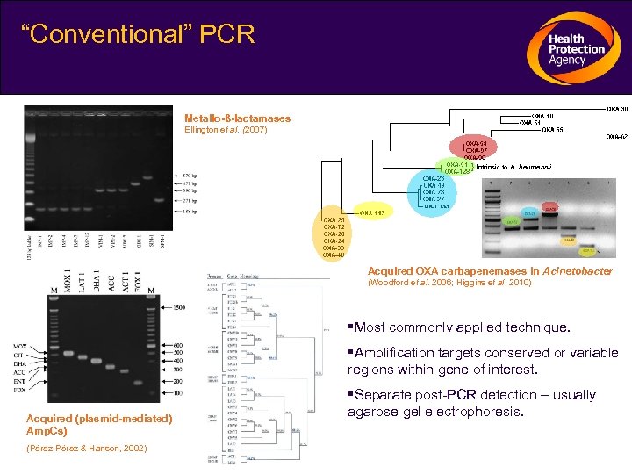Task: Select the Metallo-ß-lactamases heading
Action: [x=237, y=118]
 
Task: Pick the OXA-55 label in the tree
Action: [x=552, y=130]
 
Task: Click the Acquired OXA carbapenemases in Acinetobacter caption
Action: [x=490, y=272]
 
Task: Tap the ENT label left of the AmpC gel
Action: [x=20, y=383]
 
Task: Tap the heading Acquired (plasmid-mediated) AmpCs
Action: [x=98, y=425]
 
